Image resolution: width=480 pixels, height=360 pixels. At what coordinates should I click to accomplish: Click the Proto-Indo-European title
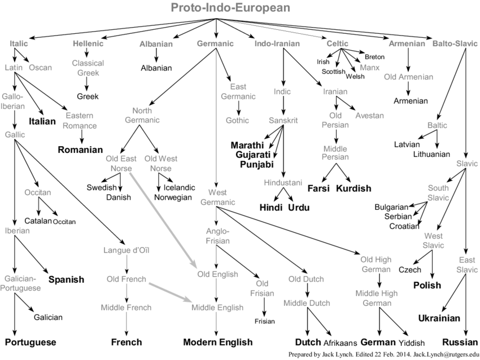[x=230, y=7]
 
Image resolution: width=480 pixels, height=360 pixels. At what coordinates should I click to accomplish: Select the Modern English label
[x=217, y=342]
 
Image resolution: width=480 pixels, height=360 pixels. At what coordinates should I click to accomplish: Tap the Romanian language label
[x=80, y=150]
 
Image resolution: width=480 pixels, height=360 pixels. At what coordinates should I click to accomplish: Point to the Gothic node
[x=237, y=120]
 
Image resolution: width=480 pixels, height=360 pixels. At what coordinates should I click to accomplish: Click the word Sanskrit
[x=283, y=120]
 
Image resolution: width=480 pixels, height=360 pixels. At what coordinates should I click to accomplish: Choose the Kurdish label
[x=354, y=188]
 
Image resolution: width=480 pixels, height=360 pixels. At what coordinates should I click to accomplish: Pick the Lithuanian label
[x=431, y=154]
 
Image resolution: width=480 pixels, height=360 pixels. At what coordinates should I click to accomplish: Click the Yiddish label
[x=412, y=343]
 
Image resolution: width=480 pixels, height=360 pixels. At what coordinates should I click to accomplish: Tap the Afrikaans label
[x=341, y=343]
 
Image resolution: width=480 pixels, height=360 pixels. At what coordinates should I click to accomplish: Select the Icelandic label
[x=179, y=187]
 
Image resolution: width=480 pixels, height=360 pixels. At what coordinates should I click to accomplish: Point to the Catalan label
[x=38, y=221]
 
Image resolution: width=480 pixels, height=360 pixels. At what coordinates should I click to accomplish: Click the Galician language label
[x=48, y=317]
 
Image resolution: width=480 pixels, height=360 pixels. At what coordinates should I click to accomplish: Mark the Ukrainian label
[x=439, y=318]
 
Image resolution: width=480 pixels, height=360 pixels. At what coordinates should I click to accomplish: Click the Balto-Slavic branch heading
[x=455, y=43]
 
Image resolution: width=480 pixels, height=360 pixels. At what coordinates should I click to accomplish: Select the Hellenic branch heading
[x=88, y=43]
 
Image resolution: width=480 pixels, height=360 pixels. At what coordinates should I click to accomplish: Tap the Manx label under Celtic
[x=369, y=67]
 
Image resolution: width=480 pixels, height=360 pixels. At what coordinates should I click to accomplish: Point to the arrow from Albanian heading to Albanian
[x=156, y=55]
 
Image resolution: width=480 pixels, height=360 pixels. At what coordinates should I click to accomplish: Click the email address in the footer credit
[x=446, y=354]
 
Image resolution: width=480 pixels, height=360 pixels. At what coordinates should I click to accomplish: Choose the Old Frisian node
[x=262, y=288]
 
